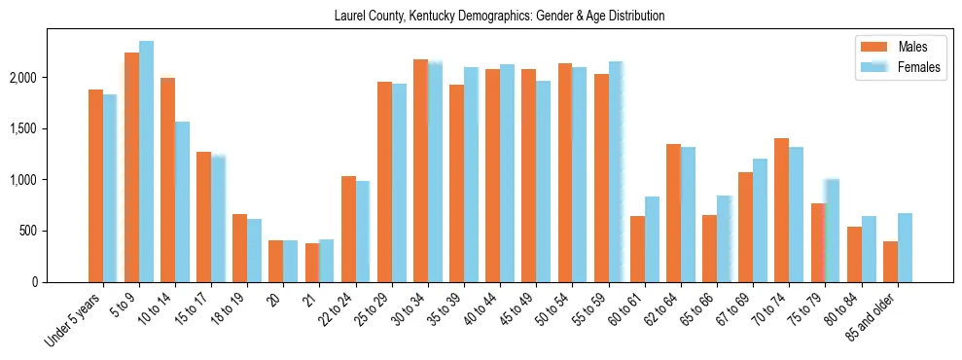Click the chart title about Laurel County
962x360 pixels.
tap(499, 16)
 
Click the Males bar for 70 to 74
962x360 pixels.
tap(782, 210)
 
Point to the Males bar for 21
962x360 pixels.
tap(312, 263)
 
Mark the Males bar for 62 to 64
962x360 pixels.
tap(673, 213)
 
